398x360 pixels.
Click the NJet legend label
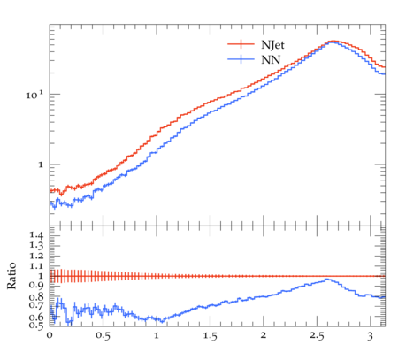[x=272, y=45]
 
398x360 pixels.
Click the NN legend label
[x=271, y=60]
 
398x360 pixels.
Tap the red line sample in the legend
[x=241, y=44]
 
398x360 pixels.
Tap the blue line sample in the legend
[x=241, y=59]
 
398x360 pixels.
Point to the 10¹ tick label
[x=34, y=95]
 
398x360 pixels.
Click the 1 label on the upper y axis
[x=41, y=165]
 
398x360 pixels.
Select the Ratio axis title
[x=11, y=276]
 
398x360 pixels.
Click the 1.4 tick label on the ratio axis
[x=36, y=235]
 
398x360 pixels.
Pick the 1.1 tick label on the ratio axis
[x=36, y=266]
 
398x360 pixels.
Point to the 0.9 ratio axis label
[x=36, y=286]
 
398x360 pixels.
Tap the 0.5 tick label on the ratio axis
[x=36, y=326]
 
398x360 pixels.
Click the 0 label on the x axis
[x=50, y=335]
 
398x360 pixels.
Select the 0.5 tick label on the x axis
[x=103, y=336]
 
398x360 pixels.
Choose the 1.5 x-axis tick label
[x=210, y=336]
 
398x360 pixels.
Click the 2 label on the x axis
[x=264, y=335]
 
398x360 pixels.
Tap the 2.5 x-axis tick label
[x=317, y=336]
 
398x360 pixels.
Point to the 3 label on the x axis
[x=370, y=336]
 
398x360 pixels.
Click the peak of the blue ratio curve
[x=326, y=279]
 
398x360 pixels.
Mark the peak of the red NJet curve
[x=333, y=41]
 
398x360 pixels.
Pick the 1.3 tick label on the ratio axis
[x=36, y=246]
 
